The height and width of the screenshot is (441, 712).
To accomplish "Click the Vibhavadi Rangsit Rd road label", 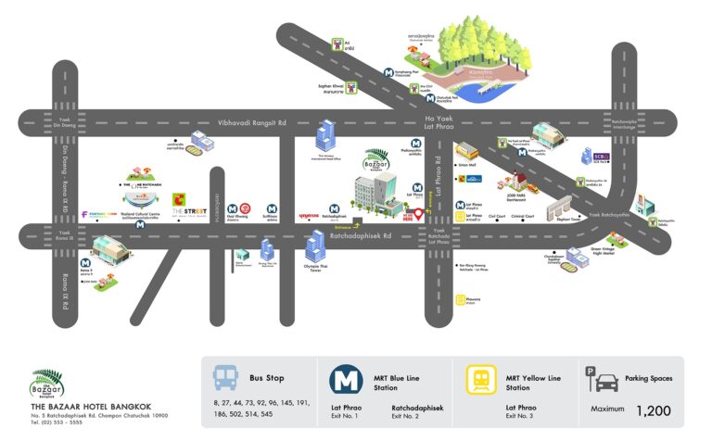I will tap(252, 122).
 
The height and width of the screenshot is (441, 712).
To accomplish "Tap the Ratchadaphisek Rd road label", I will tap(362, 235).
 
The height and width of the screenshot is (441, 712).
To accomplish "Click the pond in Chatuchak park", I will tap(486, 90).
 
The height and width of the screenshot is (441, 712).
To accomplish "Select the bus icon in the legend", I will tap(226, 378).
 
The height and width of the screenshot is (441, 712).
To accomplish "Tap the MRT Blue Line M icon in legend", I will tap(347, 381).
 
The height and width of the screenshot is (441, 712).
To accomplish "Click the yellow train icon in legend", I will tap(479, 381).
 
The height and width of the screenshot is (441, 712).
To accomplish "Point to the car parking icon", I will tap(604, 381).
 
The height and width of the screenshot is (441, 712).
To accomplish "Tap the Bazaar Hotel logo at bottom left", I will tap(49, 382).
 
